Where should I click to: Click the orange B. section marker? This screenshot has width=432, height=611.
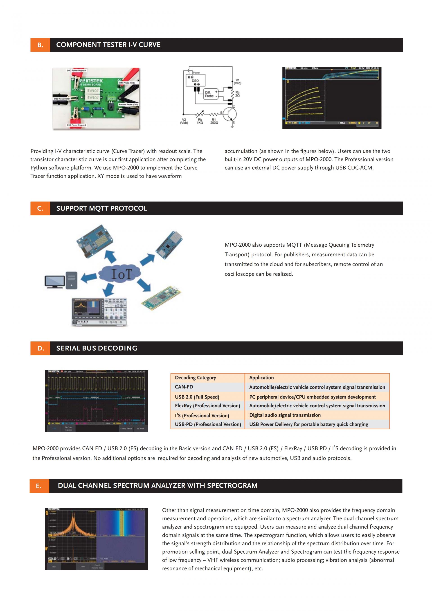[x=40, y=45]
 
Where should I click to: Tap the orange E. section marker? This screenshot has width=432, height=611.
[x=39, y=486]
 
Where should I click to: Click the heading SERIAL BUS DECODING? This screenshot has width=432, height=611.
[x=97, y=348]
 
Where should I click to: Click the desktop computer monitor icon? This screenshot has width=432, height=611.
[x=55, y=282]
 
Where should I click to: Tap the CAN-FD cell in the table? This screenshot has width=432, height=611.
[x=184, y=387]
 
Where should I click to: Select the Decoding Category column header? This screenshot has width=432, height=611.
[x=195, y=378]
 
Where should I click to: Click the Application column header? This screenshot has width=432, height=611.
[x=261, y=378]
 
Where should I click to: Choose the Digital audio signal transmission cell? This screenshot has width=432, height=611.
[x=285, y=415]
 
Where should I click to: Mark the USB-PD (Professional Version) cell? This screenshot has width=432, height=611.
[x=208, y=424]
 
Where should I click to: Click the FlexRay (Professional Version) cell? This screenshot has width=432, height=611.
[x=207, y=406]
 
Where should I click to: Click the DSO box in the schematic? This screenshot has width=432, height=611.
[x=195, y=80]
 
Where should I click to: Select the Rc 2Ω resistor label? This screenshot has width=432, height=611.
[x=237, y=94]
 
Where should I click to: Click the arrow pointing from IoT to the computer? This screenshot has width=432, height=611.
[x=89, y=278]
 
